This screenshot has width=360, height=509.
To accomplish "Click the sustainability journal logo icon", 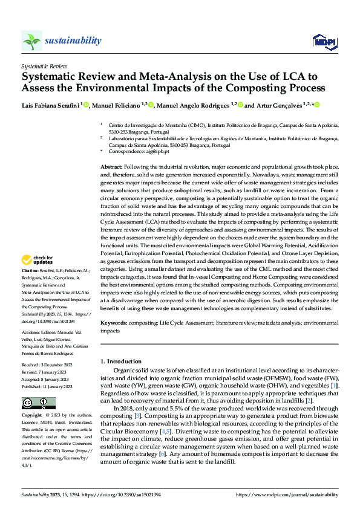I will (x=31, y=41).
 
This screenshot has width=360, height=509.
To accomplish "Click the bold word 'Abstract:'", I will (x=111, y=166).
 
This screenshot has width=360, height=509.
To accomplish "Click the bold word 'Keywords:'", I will (x=114, y=323).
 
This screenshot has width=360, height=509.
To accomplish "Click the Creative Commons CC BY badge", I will (x=38, y=403).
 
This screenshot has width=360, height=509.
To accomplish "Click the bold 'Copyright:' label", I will (x=32, y=416).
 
